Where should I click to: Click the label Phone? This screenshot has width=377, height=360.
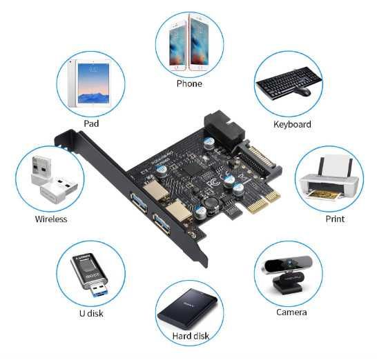pyautogui.click(x=189, y=83)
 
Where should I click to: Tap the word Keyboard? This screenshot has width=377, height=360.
pyautogui.click(x=292, y=125)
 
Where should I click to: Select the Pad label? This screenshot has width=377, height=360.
pyautogui.click(x=90, y=123)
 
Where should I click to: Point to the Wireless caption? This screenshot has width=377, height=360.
pyautogui.click(x=51, y=219)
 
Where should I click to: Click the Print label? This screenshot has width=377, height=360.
pyautogui.click(x=335, y=219)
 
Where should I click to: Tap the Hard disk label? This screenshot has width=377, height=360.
pyautogui.click(x=191, y=336)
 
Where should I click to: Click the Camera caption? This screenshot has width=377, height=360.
pyautogui.click(x=291, y=312)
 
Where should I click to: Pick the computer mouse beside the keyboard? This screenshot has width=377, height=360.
pyautogui.click(x=304, y=91)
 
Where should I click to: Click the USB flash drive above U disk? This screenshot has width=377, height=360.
pyautogui.click(x=89, y=275)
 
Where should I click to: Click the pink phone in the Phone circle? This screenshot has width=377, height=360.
pyautogui.click(x=198, y=43)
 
